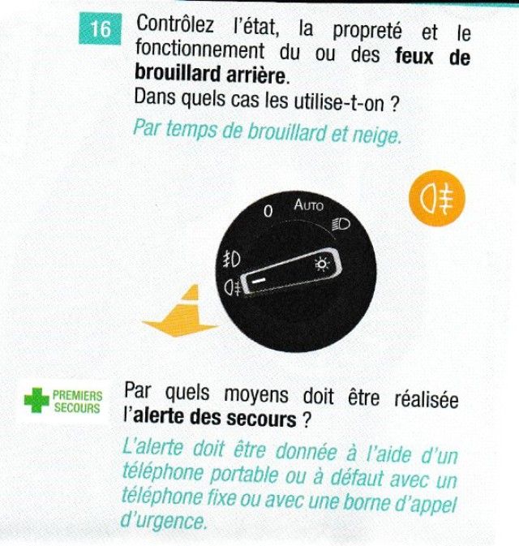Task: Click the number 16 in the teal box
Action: (x=101, y=28)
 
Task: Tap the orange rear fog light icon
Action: (x=437, y=198)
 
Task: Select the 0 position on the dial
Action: (x=268, y=211)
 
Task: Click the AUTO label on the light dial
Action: (x=308, y=204)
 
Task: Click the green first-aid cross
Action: (x=36, y=400)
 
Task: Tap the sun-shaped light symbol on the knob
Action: (x=322, y=264)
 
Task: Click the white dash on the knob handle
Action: (x=259, y=280)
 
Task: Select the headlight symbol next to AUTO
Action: (x=341, y=224)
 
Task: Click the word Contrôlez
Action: (x=174, y=24)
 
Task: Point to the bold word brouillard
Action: (x=178, y=73)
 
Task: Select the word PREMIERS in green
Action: (x=78, y=396)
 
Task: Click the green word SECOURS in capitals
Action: (x=77, y=408)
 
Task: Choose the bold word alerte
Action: (x=165, y=416)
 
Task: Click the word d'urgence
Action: (x=163, y=521)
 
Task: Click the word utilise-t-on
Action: (x=339, y=102)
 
